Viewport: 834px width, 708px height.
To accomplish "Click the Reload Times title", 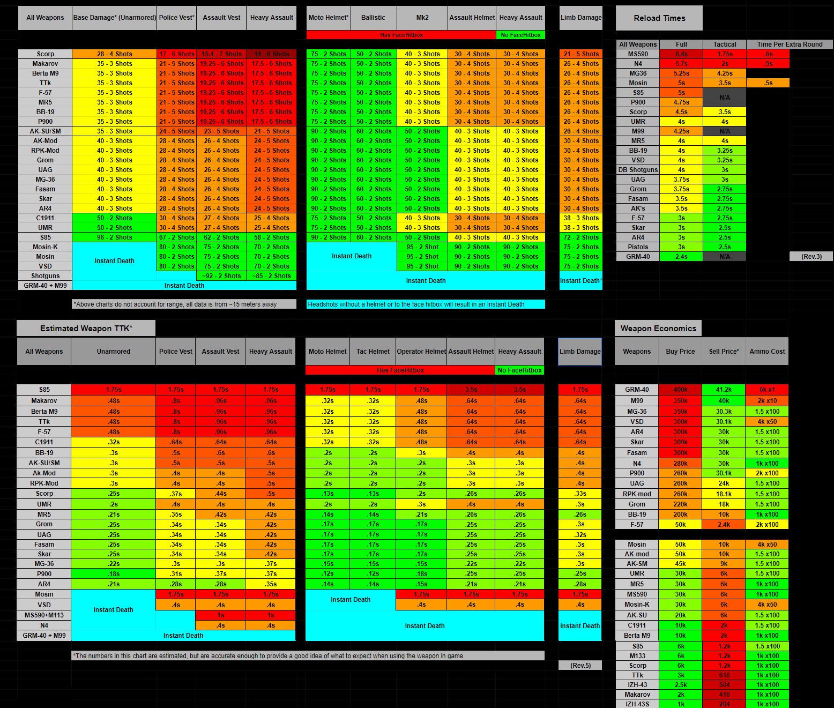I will (659, 18).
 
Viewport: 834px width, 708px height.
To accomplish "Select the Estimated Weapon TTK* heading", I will (86, 329).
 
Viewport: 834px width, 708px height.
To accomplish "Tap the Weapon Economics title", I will (658, 329).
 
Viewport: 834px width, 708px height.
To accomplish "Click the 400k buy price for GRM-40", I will (680, 390).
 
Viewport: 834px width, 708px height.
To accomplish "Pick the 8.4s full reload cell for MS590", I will (681, 54).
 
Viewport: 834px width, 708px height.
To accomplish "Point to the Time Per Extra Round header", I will (790, 44).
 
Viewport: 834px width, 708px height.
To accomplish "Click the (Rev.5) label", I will (580, 665).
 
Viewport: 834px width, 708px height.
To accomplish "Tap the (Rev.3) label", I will (811, 257).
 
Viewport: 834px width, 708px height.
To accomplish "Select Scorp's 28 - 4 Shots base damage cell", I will (114, 54).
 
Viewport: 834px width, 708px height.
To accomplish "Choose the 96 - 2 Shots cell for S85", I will (114, 237).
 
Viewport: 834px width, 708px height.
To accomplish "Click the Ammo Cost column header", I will (767, 352).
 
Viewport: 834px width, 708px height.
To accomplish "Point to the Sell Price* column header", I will (724, 352).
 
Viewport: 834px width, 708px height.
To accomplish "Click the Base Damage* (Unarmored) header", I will (114, 18).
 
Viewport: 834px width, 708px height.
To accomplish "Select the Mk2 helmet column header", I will (422, 18).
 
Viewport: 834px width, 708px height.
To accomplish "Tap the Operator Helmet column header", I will (421, 352).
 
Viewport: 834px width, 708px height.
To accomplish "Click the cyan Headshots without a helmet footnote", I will (426, 304).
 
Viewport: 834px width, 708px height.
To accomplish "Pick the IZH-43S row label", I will (637, 704).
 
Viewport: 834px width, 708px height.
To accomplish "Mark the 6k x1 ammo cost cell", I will (767, 390).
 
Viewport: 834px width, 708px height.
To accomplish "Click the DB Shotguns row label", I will (638, 170).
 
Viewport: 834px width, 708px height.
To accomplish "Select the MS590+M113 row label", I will (44, 615).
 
